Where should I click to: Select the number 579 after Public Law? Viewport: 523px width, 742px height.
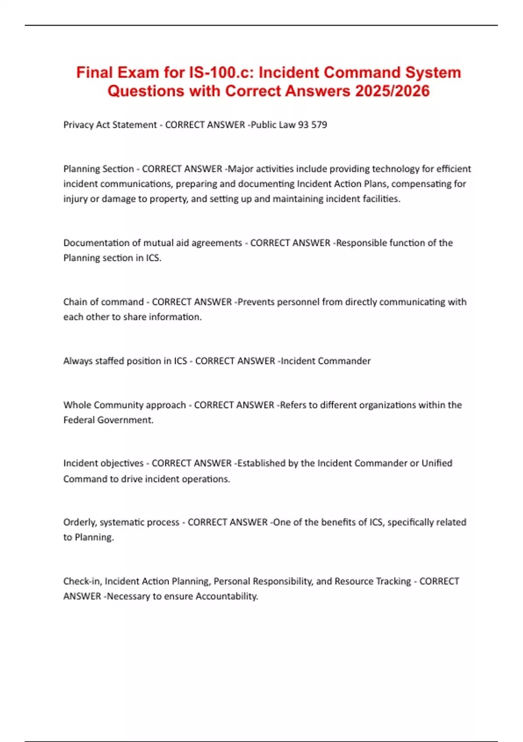tap(319, 125)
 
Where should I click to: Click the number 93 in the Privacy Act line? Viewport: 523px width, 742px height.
tap(303, 125)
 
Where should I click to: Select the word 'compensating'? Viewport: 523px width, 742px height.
tap(421, 184)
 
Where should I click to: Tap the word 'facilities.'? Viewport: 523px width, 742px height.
tap(381, 199)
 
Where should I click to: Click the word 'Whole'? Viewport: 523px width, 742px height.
tap(77, 405)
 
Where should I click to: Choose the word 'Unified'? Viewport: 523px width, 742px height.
tap(437, 463)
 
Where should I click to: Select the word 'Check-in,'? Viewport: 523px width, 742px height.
tap(82, 581)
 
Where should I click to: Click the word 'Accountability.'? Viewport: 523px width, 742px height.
tap(227, 596)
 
